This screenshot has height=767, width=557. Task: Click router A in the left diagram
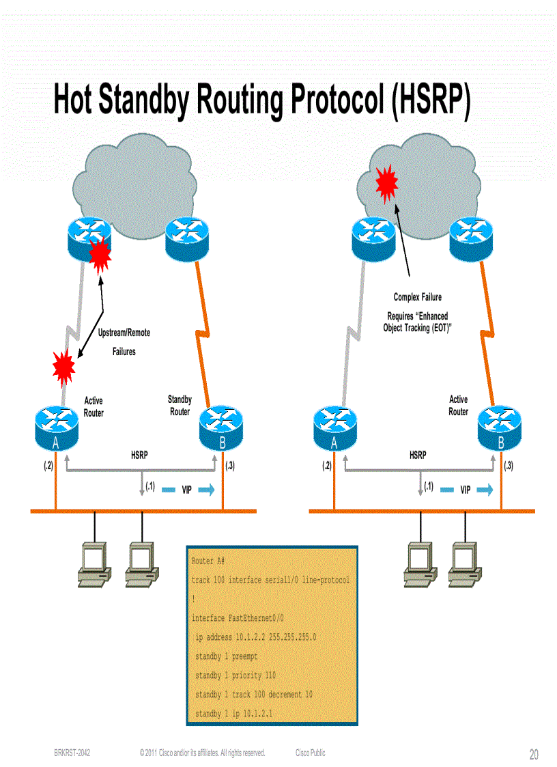click(x=57, y=426)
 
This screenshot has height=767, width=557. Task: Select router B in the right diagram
click(x=500, y=426)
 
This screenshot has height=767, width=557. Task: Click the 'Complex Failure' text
click(x=417, y=297)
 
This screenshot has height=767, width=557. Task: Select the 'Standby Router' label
click(x=180, y=406)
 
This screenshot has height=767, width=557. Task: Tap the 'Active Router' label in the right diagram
click(x=458, y=406)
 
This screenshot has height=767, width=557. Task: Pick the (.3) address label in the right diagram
click(x=509, y=466)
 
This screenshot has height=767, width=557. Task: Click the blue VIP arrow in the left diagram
click(x=207, y=490)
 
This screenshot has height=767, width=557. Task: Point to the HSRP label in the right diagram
click(x=418, y=455)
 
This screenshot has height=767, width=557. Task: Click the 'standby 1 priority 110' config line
click(x=235, y=675)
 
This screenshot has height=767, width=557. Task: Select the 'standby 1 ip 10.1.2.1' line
click(x=233, y=714)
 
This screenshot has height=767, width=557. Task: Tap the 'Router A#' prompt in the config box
click(x=208, y=561)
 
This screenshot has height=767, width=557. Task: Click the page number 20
click(x=533, y=754)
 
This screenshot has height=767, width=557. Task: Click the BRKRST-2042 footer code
click(x=72, y=753)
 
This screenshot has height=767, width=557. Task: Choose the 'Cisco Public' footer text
click(x=310, y=753)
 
